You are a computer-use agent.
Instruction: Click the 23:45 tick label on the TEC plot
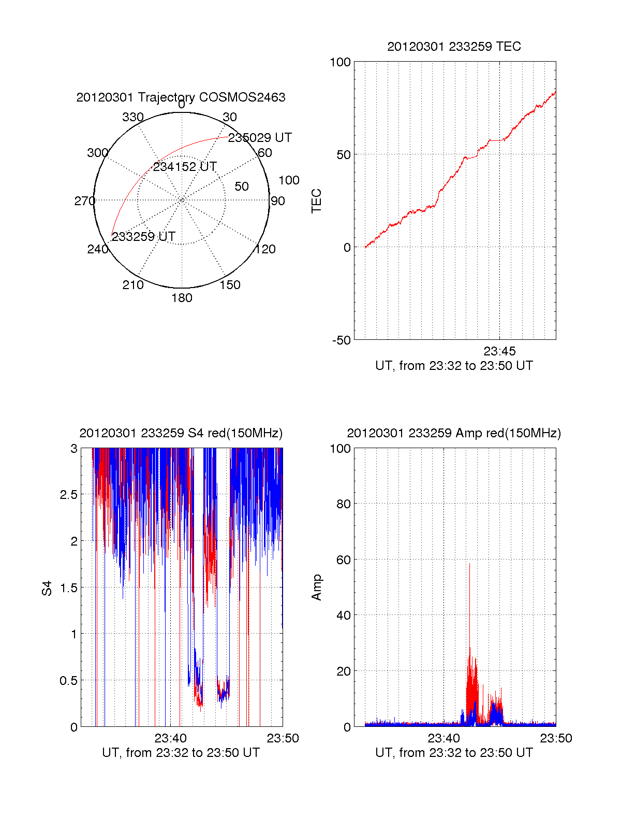[x=499, y=351]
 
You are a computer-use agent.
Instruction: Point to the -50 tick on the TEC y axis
[x=341, y=340]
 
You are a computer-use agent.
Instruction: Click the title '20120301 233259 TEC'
[x=454, y=47]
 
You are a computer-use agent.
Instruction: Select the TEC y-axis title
[x=316, y=201]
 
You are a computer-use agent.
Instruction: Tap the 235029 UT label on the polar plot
[x=260, y=138]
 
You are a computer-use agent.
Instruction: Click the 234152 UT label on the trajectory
[x=185, y=167]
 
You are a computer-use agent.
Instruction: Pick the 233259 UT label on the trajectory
[x=143, y=237]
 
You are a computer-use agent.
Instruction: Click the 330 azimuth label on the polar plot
[x=133, y=117]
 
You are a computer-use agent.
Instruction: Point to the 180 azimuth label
[x=182, y=298]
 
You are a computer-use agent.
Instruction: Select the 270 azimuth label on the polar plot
[x=84, y=201]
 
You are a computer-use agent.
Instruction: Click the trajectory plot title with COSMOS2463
[x=181, y=97]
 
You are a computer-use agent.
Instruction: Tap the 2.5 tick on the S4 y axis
[x=68, y=495]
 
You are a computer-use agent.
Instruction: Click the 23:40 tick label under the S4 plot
[x=170, y=738]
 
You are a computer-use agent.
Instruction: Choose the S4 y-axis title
[x=47, y=588]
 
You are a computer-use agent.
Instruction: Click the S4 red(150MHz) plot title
[x=181, y=433]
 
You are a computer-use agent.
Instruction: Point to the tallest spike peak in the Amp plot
[x=469, y=564]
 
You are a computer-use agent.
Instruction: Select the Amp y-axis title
[x=316, y=587]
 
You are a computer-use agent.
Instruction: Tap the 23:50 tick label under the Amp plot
[x=556, y=738]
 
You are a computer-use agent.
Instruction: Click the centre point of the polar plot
[x=182, y=200]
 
